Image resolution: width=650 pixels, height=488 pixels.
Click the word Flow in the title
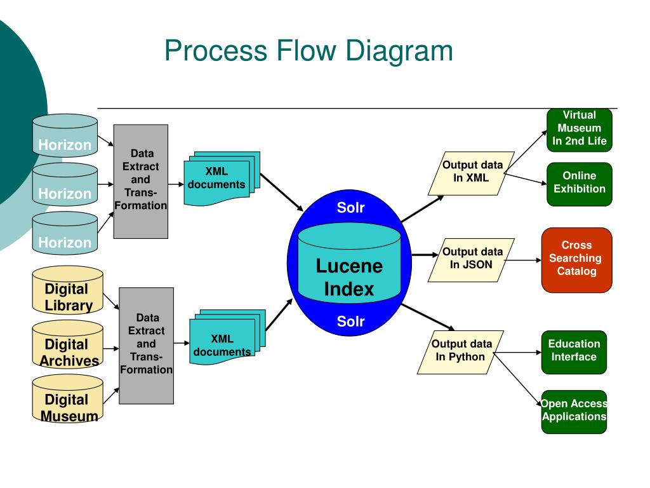click(x=307, y=51)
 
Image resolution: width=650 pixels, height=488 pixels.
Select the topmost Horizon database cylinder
click(x=65, y=135)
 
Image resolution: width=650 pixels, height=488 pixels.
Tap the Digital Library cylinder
click(x=67, y=290)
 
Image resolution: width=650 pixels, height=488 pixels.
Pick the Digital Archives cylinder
click(x=67, y=344)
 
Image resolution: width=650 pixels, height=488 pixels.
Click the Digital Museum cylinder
click(x=67, y=399)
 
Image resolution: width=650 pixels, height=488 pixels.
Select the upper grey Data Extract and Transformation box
click(x=141, y=181)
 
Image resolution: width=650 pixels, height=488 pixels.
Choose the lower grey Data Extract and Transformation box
click(x=147, y=346)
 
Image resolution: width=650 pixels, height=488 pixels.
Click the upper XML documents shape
click(x=222, y=179)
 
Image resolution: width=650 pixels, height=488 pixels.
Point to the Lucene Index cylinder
click(x=350, y=262)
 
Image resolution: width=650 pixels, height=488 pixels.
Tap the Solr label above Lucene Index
click(x=350, y=208)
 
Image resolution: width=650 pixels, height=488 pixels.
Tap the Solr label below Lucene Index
click(x=350, y=321)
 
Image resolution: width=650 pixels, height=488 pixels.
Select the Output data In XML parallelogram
click(x=472, y=173)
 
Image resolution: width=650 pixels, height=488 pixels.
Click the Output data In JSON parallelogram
click(x=472, y=260)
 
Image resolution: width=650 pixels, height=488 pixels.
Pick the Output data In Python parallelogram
click(x=461, y=352)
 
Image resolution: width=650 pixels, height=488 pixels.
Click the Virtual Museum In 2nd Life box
click(x=580, y=130)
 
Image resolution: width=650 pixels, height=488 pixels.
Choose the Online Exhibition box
click(x=580, y=184)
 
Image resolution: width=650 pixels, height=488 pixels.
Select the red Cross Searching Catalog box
click(x=576, y=260)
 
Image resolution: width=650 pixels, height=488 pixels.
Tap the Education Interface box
click(x=574, y=352)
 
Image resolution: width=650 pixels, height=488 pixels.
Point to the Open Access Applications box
click(x=574, y=412)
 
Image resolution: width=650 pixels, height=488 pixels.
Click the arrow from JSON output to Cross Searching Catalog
click(x=523, y=260)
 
